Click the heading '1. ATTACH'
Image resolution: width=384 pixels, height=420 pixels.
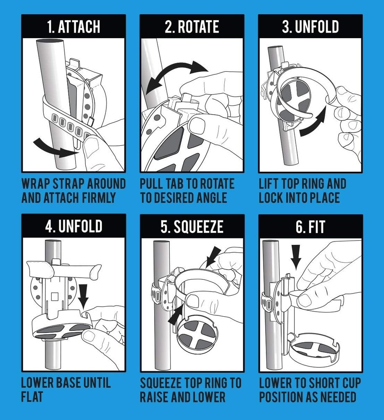[x=74, y=27]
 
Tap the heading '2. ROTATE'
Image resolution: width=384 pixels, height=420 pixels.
[x=192, y=27]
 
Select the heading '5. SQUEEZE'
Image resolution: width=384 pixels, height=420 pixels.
[x=192, y=227]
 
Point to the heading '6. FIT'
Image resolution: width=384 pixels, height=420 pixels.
[x=310, y=227]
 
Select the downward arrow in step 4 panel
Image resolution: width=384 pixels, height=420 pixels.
[x=84, y=296]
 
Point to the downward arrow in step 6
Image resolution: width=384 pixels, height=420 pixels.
[x=296, y=257]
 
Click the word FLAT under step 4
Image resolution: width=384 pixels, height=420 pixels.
[x=32, y=397]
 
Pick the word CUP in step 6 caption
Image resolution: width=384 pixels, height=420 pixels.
[x=351, y=383]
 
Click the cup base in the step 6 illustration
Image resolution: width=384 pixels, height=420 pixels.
[x=313, y=348]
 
